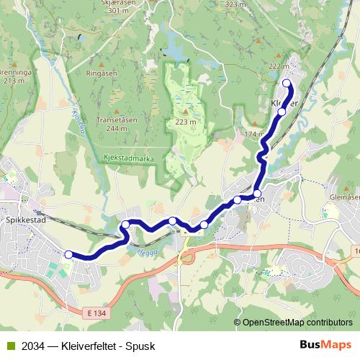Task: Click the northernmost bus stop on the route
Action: [287, 84]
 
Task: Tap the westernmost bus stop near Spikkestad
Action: [68, 254]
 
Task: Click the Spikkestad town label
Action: [26, 220]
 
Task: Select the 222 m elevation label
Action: [279, 66]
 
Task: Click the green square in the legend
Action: [9, 346]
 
